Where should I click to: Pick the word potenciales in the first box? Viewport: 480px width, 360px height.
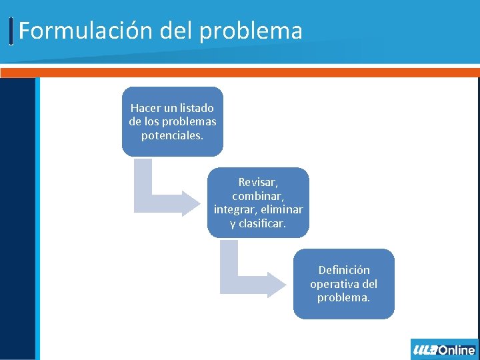pyautogui.click(x=172, y=135)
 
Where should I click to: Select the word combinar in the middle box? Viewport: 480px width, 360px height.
pyautogui.click(x=258, y=196)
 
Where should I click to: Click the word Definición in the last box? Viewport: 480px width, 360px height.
pyautogui.click(x=344, y=270)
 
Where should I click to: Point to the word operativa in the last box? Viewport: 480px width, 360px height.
pyautogui.click(x=335, y=284)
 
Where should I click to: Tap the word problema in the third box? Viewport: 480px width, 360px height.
pyautogui.click(x=343, y=298)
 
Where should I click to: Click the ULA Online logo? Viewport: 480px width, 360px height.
pyautogui.click(x=444, y=349)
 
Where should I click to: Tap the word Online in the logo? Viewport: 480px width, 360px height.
pyautogui.click(x=457, y=350)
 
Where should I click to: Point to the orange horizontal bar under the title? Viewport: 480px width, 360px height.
pyautogui.click(x=240, y=72)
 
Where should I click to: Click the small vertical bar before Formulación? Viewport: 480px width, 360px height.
pyautogui.click(x=12, y=31)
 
